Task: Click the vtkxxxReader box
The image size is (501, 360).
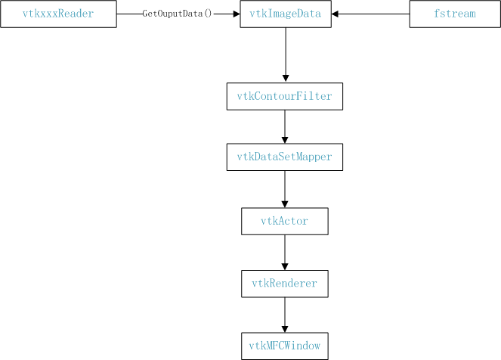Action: (x=58, y=14)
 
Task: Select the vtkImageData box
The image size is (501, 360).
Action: (x=285, y=14)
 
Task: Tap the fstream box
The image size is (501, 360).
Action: (x=454, y=14)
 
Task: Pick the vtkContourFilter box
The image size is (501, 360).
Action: (x=284, y=97)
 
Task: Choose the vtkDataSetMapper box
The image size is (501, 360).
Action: (x=284, y=157)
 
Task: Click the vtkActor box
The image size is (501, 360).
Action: (x=284, y=221)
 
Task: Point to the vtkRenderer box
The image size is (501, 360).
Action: (x=284, y=283)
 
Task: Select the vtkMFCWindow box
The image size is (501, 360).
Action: (x=284, y=346)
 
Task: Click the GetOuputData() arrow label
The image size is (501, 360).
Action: (x=177, y=14)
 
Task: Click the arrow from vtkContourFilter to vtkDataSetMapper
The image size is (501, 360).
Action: (x=284, y=127)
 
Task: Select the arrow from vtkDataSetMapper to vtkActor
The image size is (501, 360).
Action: (x=284, y=189)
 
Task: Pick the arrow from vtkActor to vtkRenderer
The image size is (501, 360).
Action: (x=284, y=252)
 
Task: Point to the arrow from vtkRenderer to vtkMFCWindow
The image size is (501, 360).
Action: (x=284, y=314)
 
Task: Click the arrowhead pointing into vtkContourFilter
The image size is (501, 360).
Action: (x=285, y=79)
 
